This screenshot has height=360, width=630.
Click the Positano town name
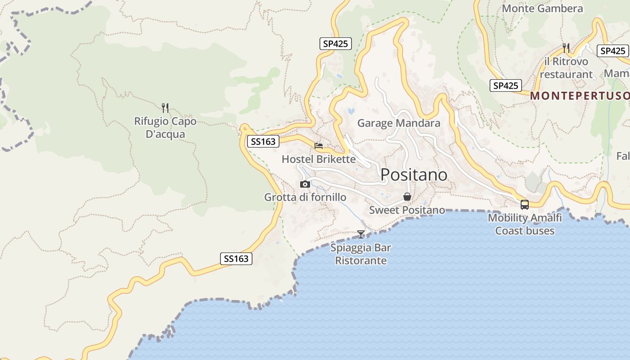point(414,175)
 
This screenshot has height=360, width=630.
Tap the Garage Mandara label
point(399,123)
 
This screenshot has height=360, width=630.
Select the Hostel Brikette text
point(319,159)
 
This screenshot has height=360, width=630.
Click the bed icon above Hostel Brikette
point(319,146)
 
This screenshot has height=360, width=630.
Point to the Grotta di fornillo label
point(305,197)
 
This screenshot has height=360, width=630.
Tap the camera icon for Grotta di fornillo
point(305,184)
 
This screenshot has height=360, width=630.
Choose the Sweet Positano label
point(407,210)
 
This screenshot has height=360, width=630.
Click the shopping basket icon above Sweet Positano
point(407,197)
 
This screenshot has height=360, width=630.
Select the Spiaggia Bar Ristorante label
point(361,254)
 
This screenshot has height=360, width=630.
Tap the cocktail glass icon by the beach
point(361,234)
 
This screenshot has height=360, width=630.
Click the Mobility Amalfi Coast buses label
point(525,224)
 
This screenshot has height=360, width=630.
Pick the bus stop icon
point(525,205)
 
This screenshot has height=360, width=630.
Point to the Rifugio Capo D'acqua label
point(165,128)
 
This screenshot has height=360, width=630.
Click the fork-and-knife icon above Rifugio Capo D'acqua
point(165,108)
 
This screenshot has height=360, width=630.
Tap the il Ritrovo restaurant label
point(566,68)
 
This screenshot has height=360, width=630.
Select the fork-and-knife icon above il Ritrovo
point(566,48)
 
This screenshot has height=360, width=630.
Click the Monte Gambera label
point(542,9)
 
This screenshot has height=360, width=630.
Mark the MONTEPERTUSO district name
point(580,96)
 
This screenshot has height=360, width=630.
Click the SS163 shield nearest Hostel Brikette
point(263,141)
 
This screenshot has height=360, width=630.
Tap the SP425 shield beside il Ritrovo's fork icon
point(612,51)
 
